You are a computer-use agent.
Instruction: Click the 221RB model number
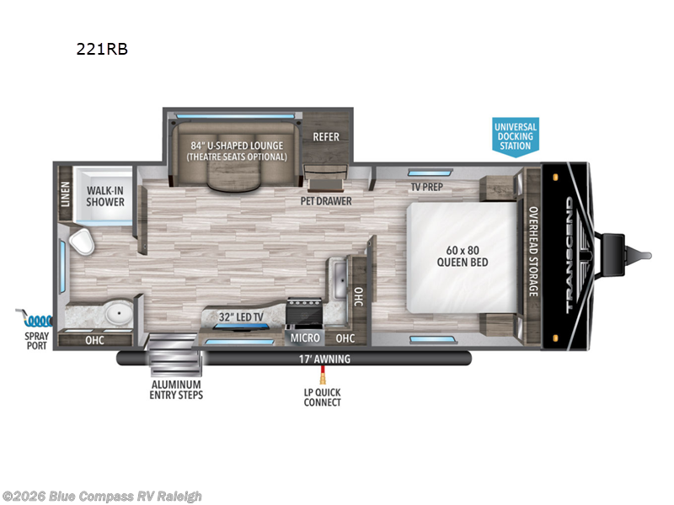(x=102, y=49)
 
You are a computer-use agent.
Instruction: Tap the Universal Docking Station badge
(x=516, y=136)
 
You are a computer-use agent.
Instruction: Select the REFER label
(x=326, y=137)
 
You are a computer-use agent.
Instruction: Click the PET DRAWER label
(x=326, y=201)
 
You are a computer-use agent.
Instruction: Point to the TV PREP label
(x=427, y=187)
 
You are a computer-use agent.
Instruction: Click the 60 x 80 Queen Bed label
(x=463, y=257)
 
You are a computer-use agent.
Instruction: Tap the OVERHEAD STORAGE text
(x=533, y=252)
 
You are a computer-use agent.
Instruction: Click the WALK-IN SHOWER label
(x=105, y=196)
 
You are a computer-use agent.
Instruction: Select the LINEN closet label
(x=66, y=194)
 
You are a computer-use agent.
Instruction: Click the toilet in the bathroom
(x=82, y=242)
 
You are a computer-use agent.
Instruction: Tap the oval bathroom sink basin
(x=120, y=312)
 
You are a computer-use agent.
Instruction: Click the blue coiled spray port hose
(x=38, y=321)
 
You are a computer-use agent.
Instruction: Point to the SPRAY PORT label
(x=36, y=341)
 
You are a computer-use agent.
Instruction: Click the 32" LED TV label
(x=241, y=317)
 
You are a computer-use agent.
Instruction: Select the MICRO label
(x=305, y=338)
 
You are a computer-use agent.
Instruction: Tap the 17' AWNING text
(x=324, y=359)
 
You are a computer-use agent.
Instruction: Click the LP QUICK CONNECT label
(x=323, y=397)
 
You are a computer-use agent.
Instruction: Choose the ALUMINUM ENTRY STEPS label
(x=176, y=390)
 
